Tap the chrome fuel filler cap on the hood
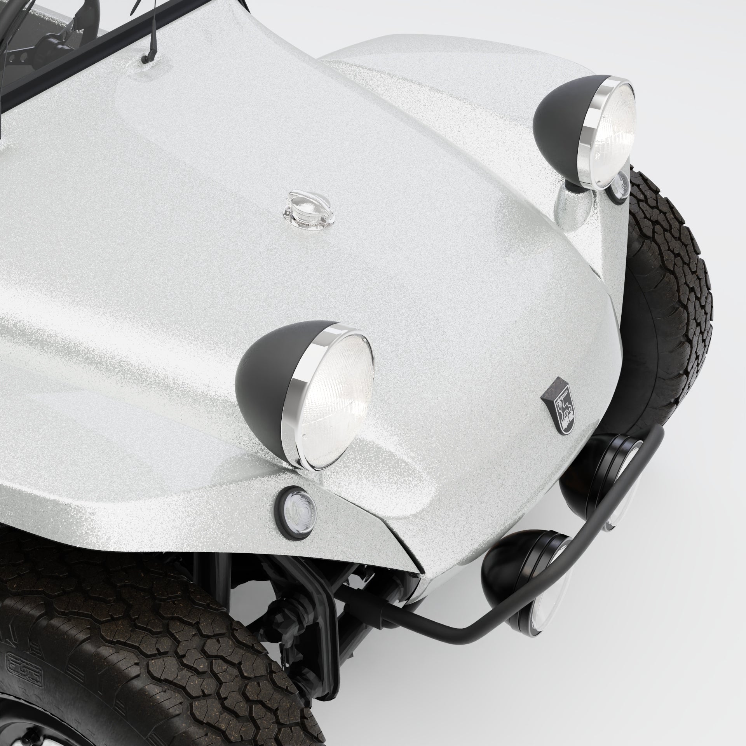(307, 210)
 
